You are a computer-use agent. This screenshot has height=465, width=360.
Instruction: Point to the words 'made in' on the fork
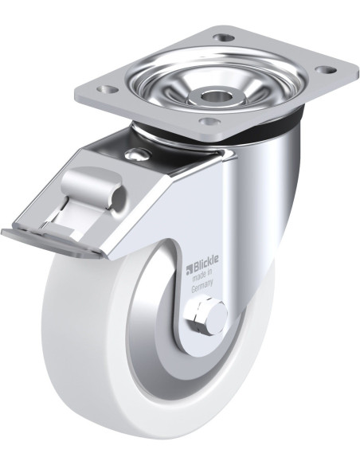[202, 276]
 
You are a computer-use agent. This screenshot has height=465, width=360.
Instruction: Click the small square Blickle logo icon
[190, 270]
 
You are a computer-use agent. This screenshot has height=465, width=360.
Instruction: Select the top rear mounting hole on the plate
[224, 38]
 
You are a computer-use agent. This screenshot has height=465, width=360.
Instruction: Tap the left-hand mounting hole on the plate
[107, 89]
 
